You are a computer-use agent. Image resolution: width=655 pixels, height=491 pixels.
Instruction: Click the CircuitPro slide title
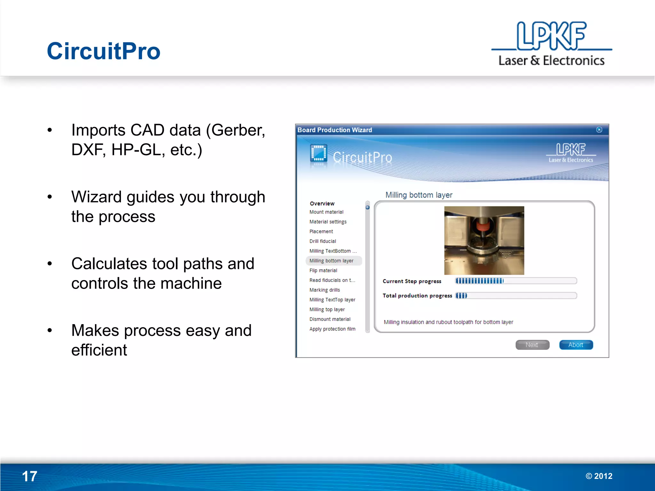[x=103, y=51]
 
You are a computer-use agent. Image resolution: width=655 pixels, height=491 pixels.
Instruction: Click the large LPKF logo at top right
[x=551, y=43]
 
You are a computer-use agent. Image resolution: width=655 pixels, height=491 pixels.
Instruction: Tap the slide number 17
[x=29, y=476]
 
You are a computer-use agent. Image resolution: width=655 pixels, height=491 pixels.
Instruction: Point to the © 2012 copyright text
[x=599, y=476]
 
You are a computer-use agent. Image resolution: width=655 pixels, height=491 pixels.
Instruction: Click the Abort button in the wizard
[x=576, y=345]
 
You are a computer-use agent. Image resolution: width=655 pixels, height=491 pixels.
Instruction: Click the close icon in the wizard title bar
[x=599, y=130]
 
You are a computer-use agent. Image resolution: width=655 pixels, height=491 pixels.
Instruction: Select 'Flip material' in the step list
[x=323, y=270]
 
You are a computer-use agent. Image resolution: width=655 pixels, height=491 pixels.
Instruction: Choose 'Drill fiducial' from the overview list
[x=322, y=241]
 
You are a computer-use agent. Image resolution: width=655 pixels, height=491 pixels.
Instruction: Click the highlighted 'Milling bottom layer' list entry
[x=331, y=261]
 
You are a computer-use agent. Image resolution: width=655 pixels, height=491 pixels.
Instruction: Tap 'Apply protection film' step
[x=332, y=329]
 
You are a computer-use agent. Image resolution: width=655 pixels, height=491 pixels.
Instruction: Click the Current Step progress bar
[x=516, y=281]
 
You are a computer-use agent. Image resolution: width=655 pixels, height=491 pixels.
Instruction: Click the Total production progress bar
[x=516, y=296]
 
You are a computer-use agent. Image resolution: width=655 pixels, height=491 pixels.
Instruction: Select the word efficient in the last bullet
[x=99, y=350]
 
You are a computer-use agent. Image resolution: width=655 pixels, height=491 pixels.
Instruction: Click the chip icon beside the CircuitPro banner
[x=318, y=154]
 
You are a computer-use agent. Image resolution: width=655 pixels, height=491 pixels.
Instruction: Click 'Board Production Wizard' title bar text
[x=335, y=130]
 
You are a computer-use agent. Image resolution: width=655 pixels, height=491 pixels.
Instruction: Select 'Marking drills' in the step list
[x=324, y=290]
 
